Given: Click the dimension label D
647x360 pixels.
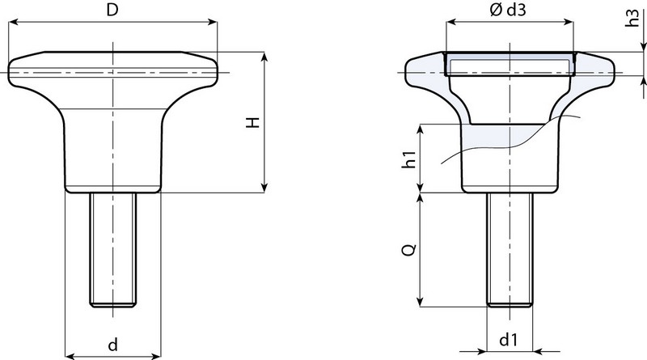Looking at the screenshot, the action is coord(112,10).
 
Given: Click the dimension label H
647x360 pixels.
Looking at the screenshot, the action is coord(252,122).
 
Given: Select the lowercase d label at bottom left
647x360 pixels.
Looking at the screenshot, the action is coord(112,344).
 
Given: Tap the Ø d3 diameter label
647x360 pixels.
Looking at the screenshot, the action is coord(508,10).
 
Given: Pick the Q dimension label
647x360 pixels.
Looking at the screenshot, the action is coord(409,250).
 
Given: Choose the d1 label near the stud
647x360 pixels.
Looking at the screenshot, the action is coord(508,340).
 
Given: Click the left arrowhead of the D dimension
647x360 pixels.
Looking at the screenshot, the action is coord(13,22).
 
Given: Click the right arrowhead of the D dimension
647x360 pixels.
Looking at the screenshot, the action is coord(212,22).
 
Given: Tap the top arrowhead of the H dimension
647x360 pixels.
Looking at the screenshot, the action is coord(265,57).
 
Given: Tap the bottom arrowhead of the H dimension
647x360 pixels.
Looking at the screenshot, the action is coord(265,188).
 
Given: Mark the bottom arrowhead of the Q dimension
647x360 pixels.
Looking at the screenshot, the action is coord(421,302).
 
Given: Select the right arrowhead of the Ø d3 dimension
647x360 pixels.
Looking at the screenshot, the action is coord(569,22).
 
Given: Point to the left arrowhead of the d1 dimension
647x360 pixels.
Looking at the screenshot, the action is coord(482,352).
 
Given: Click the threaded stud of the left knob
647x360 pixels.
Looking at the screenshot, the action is coord(113,250).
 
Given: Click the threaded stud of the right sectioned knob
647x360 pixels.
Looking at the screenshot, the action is coord(510,250).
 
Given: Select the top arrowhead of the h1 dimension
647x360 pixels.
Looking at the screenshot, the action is coord(421,129).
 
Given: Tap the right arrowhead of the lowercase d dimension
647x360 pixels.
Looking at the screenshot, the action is coord(155,355).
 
